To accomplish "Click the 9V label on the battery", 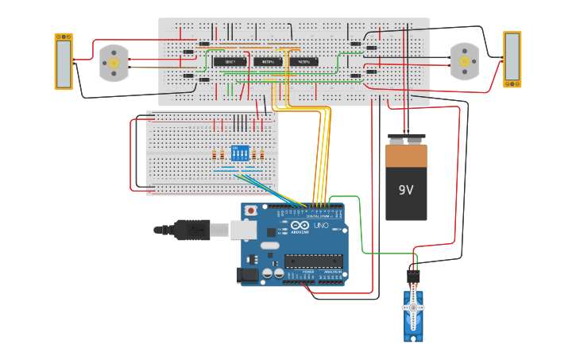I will click(406, 190).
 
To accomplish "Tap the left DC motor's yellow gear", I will click(114, 61).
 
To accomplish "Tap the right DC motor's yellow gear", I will click(465, 60).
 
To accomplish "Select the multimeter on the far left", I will click(64, 61).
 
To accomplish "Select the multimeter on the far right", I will click(512, 60).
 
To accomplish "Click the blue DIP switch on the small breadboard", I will click(238, 153).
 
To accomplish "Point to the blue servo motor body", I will click(413, 316).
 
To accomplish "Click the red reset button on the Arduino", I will click(251, 211).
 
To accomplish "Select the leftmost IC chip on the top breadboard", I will click(229, 61).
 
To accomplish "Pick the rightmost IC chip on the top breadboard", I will click(303, 61).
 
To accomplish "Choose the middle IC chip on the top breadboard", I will click(268, 61).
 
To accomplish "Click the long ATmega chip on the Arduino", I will click(314, 260).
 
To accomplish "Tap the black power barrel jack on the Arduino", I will click(247, 276).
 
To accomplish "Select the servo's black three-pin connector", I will click(413, 277).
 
